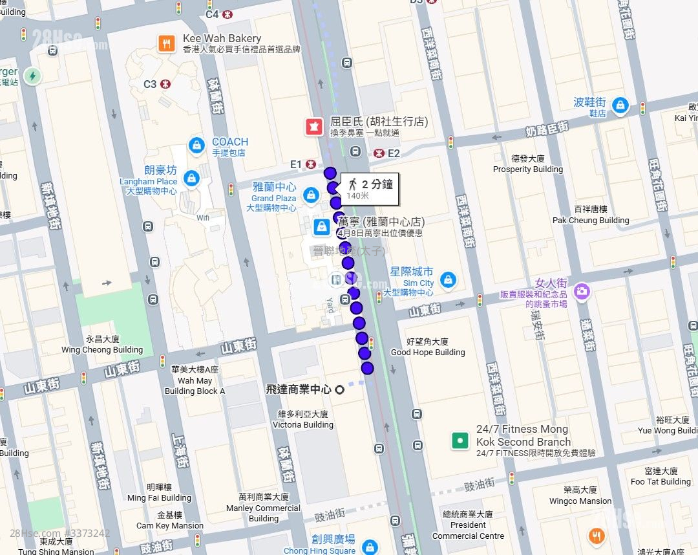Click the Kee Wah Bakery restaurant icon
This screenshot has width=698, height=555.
(x=167, y=43)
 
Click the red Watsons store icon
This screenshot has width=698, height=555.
(x=315, y=127)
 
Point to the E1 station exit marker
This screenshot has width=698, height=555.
(x=312, y=164)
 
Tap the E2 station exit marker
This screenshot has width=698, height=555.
(x=379, y=153)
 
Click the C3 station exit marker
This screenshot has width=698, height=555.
(x=165, y=84)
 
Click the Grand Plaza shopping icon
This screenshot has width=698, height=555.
(x=312, y=194)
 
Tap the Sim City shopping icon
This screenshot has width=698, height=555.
(x=447, y=281)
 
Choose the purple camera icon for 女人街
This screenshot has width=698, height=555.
(x=582, y=291)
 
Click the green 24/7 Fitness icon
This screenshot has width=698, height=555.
(x=460, y=441)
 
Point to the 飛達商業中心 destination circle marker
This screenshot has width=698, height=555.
(x=339, y=389)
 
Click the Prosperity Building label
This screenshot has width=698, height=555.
(x=528, y=164)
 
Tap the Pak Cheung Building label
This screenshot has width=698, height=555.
(x=591, y=215)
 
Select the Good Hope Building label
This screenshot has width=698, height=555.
(x=428, y=347)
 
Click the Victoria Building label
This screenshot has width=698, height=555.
(x=303, y=420)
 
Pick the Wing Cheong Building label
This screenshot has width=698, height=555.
(x=102, y=345)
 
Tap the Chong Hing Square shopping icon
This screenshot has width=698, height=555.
(x=369, y=546)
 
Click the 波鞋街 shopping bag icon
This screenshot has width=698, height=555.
(x=620, y=106)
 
